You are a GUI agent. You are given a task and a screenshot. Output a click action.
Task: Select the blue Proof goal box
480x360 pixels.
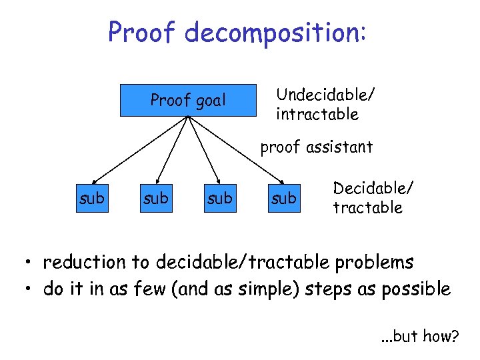coord(188,101)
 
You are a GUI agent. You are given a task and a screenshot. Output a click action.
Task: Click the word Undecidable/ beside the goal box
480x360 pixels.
coord(325,94)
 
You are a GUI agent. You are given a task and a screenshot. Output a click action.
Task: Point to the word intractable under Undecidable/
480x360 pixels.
coord(317,115)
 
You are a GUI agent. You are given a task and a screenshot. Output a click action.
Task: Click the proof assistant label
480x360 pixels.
coord(316,147)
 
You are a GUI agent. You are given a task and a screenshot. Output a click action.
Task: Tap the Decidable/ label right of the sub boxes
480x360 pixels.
coord(373,187)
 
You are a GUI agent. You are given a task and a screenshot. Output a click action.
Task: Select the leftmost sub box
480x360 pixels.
coord(92,199)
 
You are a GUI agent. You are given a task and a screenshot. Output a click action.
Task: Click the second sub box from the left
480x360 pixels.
coord(155,199)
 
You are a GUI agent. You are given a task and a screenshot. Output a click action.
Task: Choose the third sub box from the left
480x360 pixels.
coord(219,199)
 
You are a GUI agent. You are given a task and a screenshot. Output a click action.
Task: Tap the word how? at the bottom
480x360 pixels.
coord(441,337)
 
